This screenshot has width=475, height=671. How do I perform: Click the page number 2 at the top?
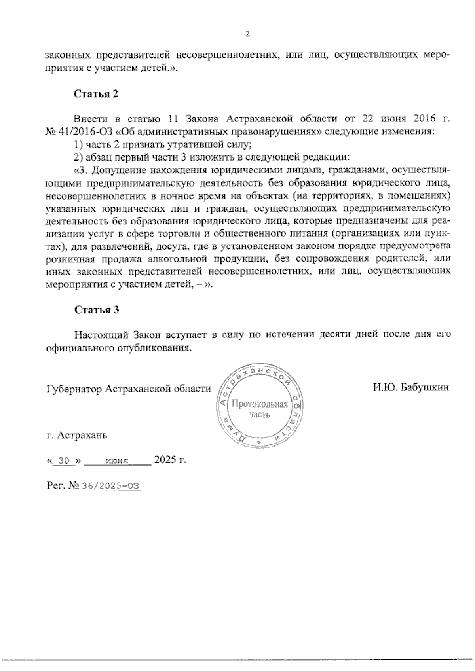click(248, 34)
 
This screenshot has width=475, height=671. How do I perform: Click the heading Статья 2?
click(96, 94)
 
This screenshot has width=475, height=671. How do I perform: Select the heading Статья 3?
click(97, 310)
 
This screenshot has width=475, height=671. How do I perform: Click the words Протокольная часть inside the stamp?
click(259, 409)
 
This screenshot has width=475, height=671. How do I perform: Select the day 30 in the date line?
click(63, 461)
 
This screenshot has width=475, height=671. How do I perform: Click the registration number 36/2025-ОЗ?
click(111, 486)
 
